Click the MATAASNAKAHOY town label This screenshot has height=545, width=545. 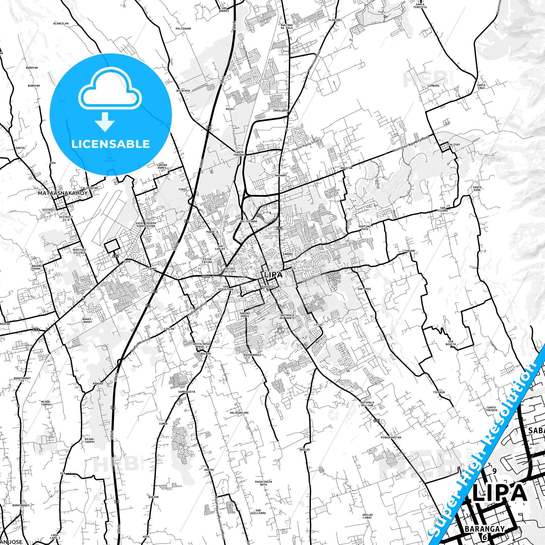[63, 193]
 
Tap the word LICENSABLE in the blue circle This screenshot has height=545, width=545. [111, 144]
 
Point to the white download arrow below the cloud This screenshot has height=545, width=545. [105, 121]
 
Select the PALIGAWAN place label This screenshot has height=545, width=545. [183, 29]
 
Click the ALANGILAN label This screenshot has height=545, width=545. [61, 23]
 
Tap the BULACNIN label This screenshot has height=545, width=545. [183, 91]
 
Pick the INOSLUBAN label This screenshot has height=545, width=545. [281, 111]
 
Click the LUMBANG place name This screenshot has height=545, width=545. [433, 86]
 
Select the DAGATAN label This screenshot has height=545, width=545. [346, 168]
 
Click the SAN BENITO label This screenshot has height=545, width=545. [451, 343]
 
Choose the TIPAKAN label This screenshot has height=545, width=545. [439, 392]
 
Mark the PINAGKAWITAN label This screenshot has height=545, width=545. [391, 438]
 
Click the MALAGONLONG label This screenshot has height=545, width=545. [239, 413]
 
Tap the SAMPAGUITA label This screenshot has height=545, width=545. [187, 392]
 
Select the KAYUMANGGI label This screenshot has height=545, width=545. [252, 355]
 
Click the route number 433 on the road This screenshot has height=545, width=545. [36, 330]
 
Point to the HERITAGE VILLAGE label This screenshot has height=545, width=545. [80, 251]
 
